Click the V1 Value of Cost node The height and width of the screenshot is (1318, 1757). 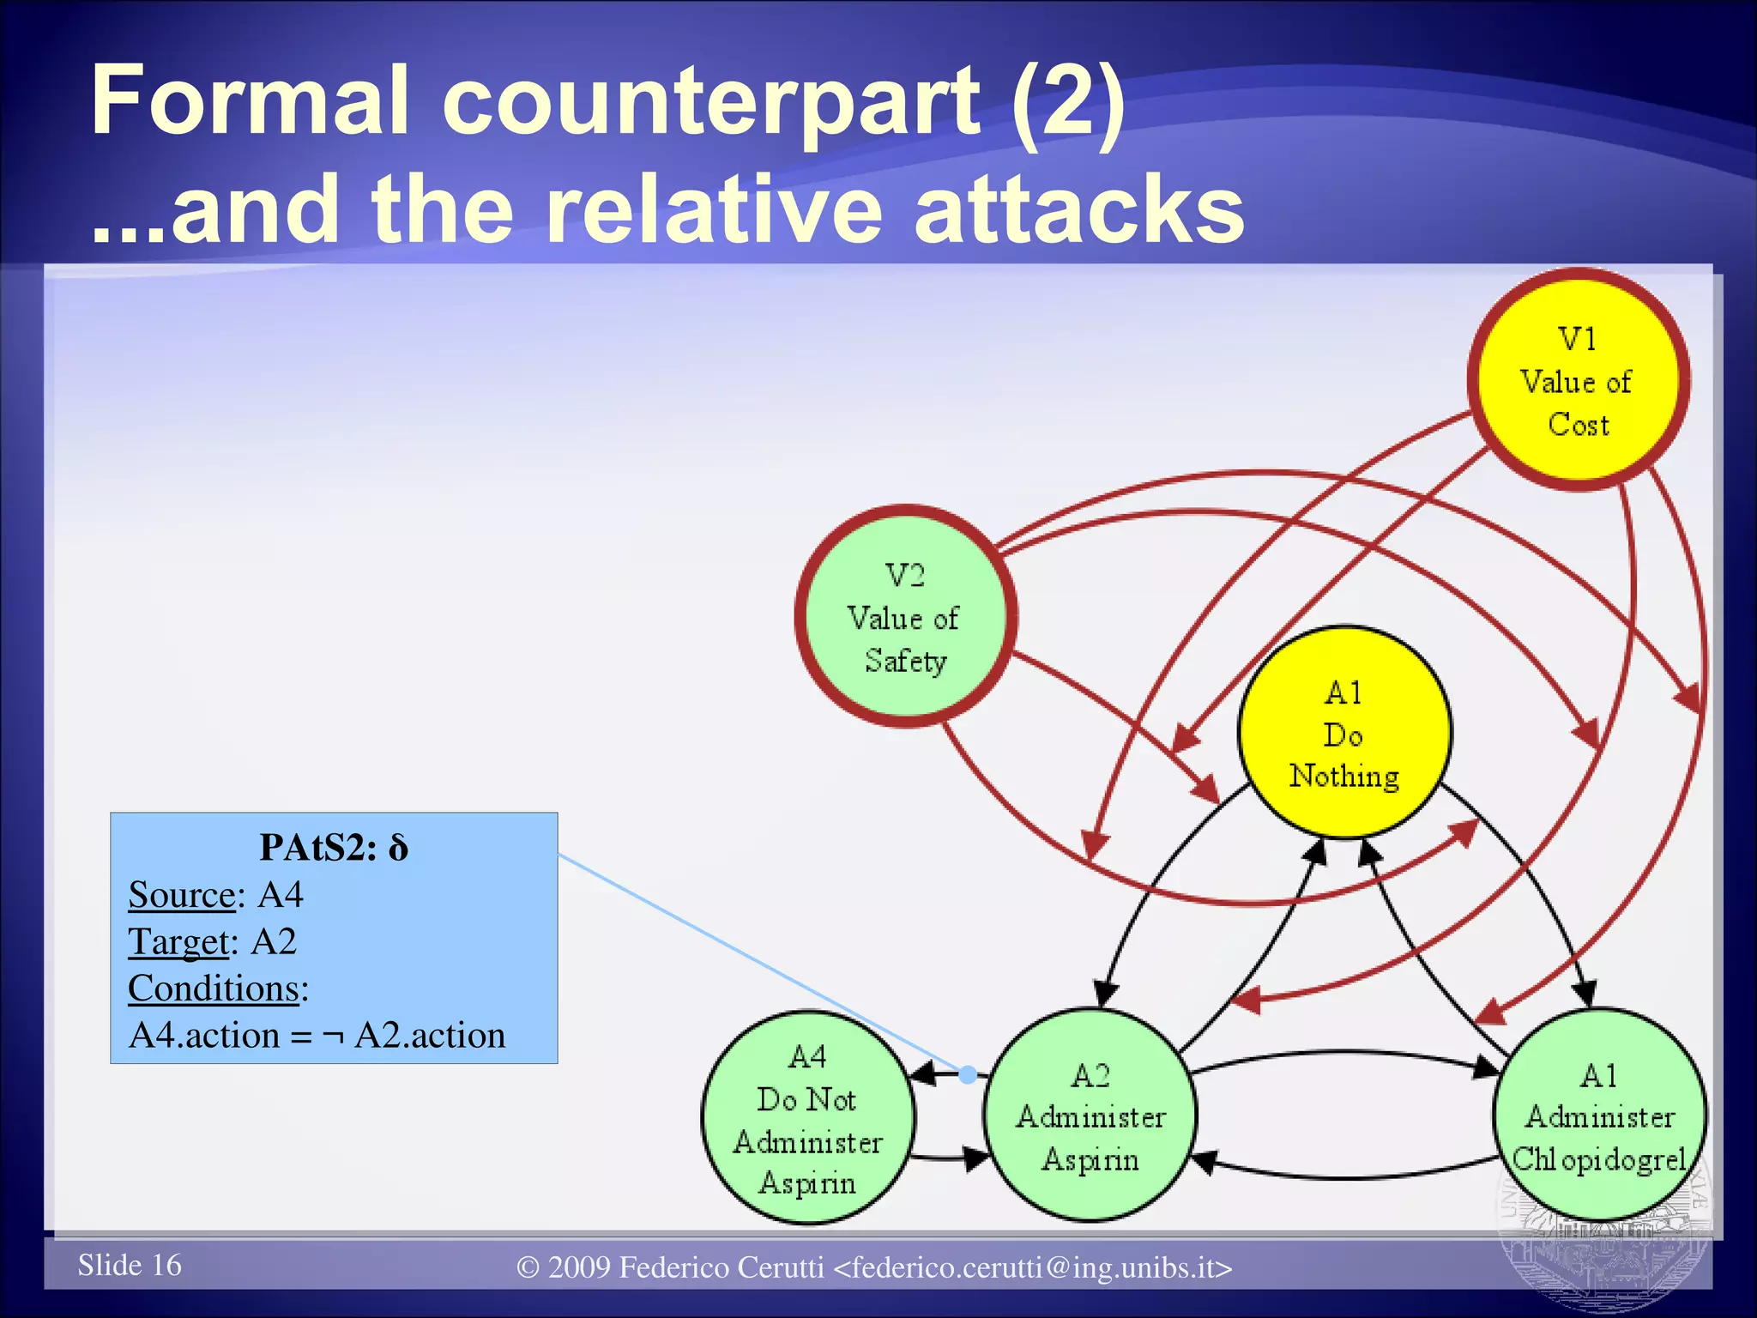coord(1578,380)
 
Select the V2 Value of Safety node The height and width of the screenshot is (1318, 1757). coord(906,617)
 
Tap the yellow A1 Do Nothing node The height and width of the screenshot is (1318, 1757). coord(1344,734)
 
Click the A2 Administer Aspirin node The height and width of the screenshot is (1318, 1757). coord(1090,1115)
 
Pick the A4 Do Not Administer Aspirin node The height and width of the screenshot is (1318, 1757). coord(807,1118)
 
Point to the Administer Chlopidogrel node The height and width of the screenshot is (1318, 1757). coord(1599,1115)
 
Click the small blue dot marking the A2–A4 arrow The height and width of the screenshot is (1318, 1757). coord(968,1074)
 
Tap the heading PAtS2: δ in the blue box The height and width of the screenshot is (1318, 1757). coord(334,848)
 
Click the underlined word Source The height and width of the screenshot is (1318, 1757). coord(182,895)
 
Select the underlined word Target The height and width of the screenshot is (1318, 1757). coord(179,942)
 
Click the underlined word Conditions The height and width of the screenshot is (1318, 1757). coord(214,988)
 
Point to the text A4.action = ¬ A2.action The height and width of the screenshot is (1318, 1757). coord(317,1036)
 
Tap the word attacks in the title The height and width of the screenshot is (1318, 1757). coord(1078,209)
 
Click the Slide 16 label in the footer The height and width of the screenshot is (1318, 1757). coord(130,1265)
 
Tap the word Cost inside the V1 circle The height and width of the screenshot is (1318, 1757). coord(1579,425)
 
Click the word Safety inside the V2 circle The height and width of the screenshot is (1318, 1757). coord(906,661)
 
